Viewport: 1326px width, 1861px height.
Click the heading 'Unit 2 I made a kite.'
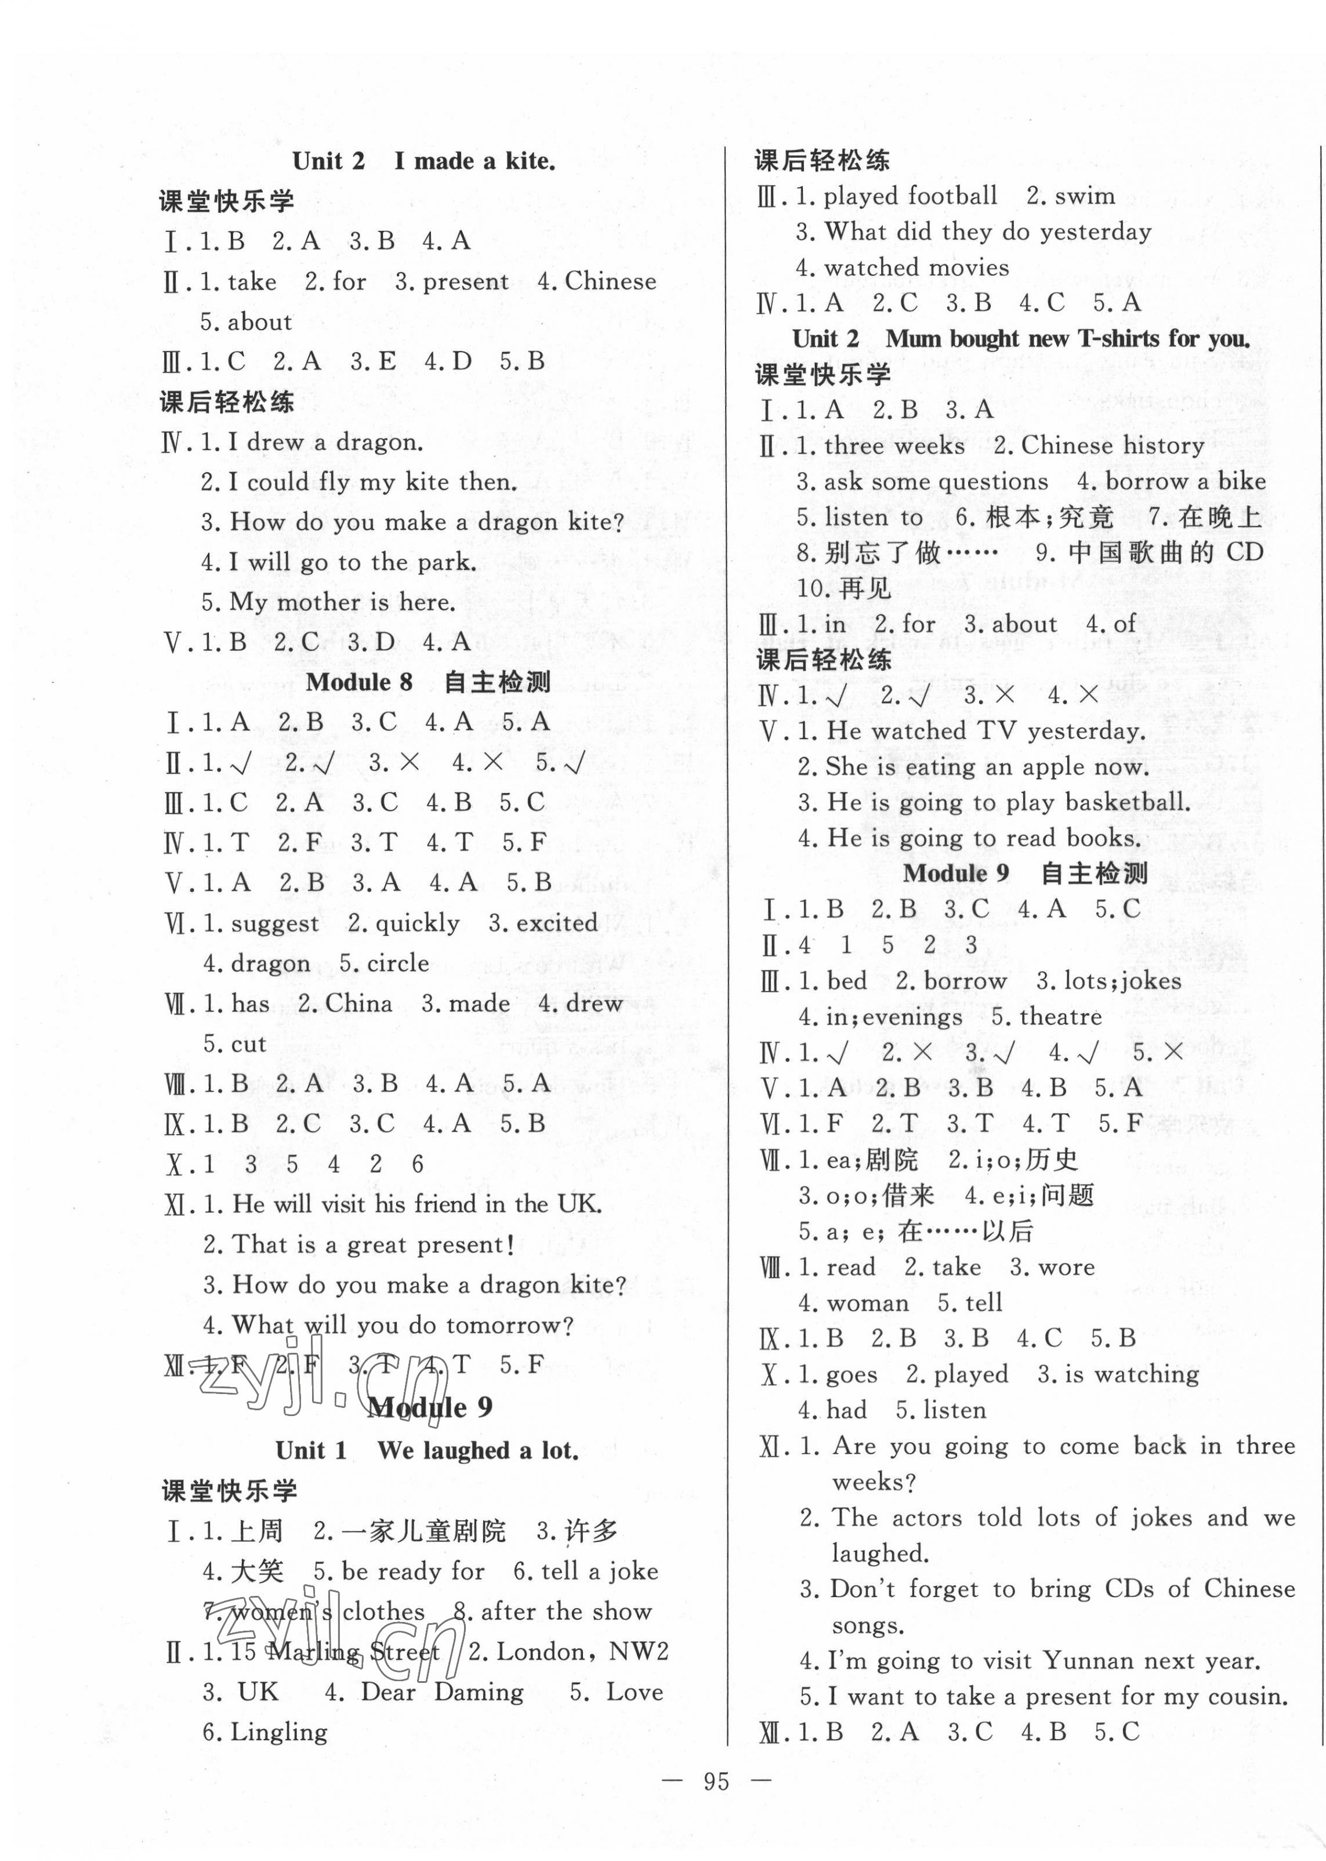point(424,161)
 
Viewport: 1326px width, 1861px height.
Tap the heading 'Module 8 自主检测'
point(428,682)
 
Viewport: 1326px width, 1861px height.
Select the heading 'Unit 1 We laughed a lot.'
point(427,1450)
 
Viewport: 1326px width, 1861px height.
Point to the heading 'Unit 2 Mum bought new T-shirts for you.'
point(1021,338)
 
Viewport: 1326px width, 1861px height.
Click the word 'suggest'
point(274,924)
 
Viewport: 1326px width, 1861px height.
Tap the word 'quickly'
point(417,924)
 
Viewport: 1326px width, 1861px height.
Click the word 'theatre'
point(1061,1017)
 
